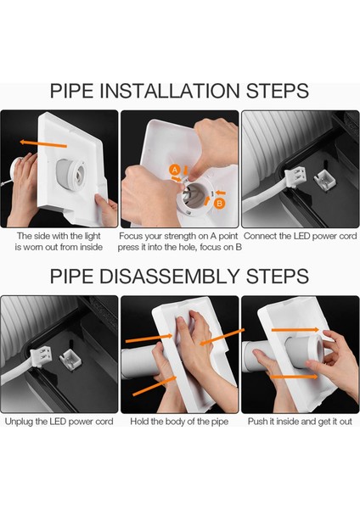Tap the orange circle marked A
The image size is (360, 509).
(x=175, y=170)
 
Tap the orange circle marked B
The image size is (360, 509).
(x=220, y=204)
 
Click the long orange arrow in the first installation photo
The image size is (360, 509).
(x=43, y=144)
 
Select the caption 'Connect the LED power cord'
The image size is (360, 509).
(x=301, y=236)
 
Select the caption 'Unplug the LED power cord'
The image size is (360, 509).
(x=59, y=422)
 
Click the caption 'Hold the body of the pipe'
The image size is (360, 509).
(x=179, y=422)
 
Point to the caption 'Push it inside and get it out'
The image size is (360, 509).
(x=300, y=422)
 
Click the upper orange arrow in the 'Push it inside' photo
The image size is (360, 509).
(x=295, y=330)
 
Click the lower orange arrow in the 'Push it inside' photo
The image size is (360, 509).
(x=294, y=377)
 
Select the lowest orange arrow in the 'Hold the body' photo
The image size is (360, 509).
(x=155, y=386)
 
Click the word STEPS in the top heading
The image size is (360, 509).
(x=277, y=91)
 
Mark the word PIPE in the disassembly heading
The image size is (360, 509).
(x=71, y=277)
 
